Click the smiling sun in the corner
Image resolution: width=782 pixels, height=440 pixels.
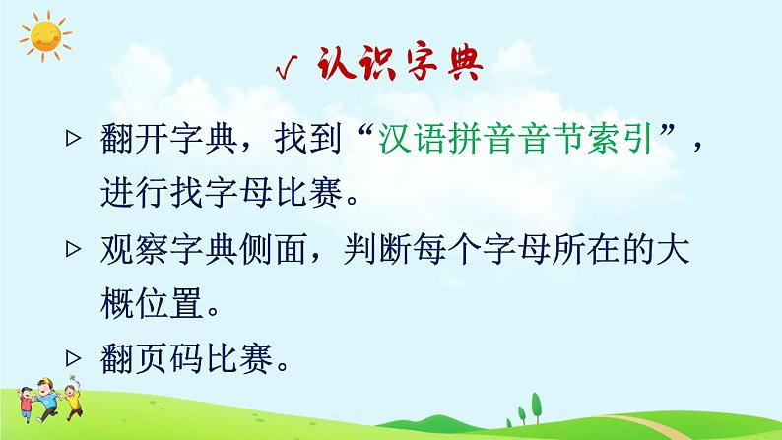pyautogui.click(x=43, y=37)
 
